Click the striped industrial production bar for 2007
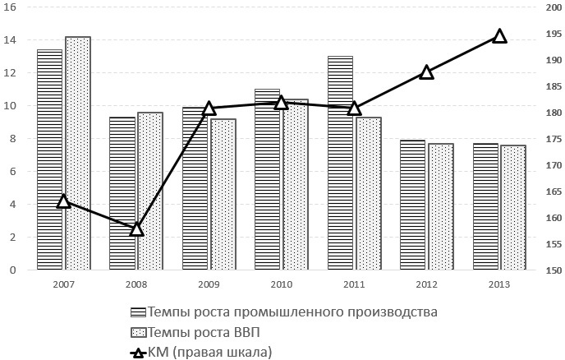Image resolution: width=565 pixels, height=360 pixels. (49, 160)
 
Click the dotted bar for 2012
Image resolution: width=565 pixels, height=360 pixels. (441, 207)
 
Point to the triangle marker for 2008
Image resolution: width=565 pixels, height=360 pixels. (137, 229)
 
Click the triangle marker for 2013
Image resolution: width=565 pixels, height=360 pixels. (499, 35)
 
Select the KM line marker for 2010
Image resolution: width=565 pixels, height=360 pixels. (282, 103)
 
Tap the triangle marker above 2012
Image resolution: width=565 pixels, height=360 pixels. (426, 72)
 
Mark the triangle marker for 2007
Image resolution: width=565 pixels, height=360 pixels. (64, 201)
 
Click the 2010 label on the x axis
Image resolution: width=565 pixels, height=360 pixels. (281, 284)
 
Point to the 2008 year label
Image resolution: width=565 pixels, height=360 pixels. (136, 284)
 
